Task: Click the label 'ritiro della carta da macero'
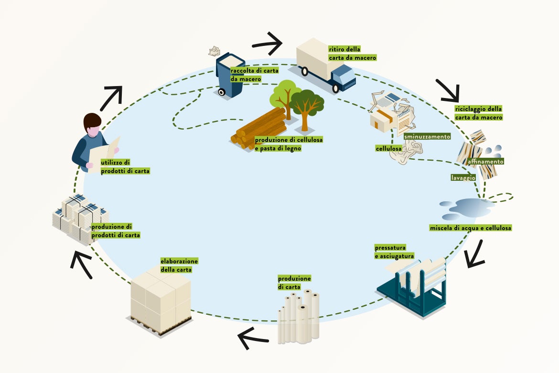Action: point(352,53)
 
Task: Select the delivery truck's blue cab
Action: point(344,77)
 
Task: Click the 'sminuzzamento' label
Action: point(427,137)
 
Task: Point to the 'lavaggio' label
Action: point(463,177)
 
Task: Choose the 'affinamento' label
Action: point(485,162)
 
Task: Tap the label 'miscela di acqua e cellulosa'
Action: point(470,228)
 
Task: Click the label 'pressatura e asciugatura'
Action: point(394,252)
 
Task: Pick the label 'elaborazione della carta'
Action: point(179,265)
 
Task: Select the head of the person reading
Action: point(92,124)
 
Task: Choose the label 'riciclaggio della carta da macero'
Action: point(478,113)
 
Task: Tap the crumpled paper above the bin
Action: point(214,50)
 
